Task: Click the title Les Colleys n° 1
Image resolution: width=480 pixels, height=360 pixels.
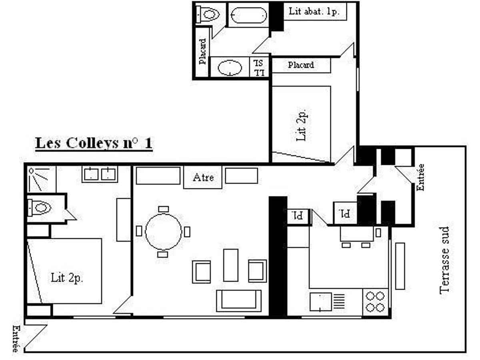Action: click(94, 143)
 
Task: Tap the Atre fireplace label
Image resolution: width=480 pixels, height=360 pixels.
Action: click(203, 177)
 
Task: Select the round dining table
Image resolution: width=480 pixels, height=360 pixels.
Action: click(163, 232)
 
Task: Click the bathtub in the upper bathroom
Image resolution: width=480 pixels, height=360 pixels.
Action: click(249, 15)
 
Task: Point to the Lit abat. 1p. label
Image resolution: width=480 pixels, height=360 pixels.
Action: click(314, 11)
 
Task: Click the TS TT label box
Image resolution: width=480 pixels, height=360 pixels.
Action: click(259, 67)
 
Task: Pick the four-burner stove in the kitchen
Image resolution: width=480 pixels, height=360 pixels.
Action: click(375, 302)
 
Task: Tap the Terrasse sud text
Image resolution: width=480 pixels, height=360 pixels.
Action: click(444, 260)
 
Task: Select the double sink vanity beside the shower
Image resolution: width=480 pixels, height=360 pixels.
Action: click(100, 174)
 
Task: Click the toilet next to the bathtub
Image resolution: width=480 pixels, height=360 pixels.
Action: click(208, 15)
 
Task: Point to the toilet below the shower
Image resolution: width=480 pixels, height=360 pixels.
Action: click(39, 208)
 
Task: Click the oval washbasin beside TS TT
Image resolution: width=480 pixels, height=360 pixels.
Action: click(230, 68)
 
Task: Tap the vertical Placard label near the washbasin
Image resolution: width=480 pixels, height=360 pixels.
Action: click(202, 52)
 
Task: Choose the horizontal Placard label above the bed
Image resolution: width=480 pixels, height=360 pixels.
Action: click(301, 65)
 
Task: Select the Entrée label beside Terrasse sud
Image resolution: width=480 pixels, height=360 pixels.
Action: click(420, 178)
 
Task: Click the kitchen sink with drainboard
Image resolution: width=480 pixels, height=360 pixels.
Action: click(327, 302)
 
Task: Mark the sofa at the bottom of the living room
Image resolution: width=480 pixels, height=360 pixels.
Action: click(239, 301)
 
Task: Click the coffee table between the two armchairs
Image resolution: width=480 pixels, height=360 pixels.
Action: click(231, 265)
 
